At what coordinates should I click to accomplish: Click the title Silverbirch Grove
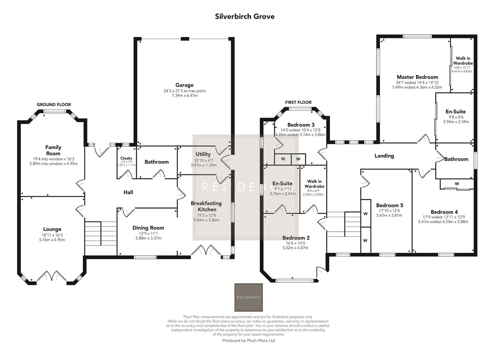point(244,17)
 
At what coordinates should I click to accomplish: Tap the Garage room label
point(184,85)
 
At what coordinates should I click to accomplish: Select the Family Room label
point(53,150)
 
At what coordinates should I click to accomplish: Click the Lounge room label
point(52,229)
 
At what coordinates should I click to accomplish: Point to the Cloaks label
point(126,158)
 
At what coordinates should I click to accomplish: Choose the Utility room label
point(203,154)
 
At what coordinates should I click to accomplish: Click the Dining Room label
point(148,228)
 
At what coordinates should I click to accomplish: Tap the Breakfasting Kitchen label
point(206,206)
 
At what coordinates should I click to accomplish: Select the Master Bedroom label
point(417,77)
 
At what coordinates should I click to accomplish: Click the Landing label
point(384,156)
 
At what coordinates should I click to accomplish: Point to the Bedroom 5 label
point(389,205)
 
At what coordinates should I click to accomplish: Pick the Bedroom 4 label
point(444,212)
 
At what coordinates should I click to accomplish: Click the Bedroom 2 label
point(296,238)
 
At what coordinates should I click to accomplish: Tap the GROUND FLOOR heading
point(54,105)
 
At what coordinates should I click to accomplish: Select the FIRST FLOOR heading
point(298,102)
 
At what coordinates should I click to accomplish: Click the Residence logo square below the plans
point(249,297)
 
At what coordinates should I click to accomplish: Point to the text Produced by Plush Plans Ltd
point(249,341)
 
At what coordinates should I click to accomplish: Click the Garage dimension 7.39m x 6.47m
point(184,96)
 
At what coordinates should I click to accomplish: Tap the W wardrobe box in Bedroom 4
point(457,184)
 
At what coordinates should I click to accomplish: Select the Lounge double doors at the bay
point(51,276)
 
